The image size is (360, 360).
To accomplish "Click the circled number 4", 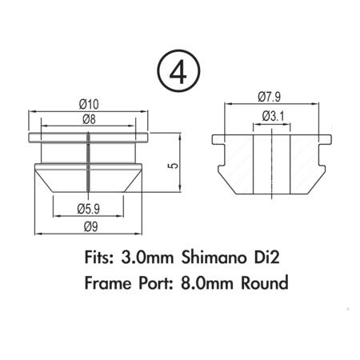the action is click(178, 71).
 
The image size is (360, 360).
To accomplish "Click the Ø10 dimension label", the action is click(89, 104).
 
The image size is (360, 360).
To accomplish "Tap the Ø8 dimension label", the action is click(89, 119).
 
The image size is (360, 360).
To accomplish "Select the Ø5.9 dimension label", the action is click(89, 209).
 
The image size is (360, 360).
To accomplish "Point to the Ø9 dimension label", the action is click(91, 227).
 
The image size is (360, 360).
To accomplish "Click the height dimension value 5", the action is click(173, 166).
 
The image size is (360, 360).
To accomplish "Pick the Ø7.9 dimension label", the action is click(270, 97).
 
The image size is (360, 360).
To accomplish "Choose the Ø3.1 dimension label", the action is click(273, 116).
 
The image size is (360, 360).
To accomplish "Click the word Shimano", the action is click(214, 258).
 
